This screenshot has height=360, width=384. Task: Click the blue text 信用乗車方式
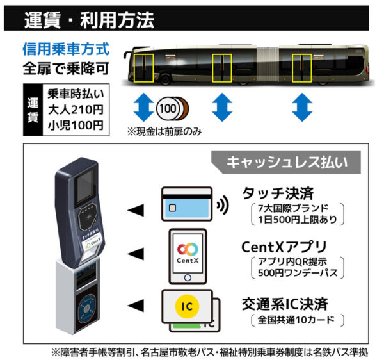click(x=66, y=49)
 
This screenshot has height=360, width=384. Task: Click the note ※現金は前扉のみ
click(x=164, y=132)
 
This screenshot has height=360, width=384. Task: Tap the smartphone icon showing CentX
click(x=188, y=255)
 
